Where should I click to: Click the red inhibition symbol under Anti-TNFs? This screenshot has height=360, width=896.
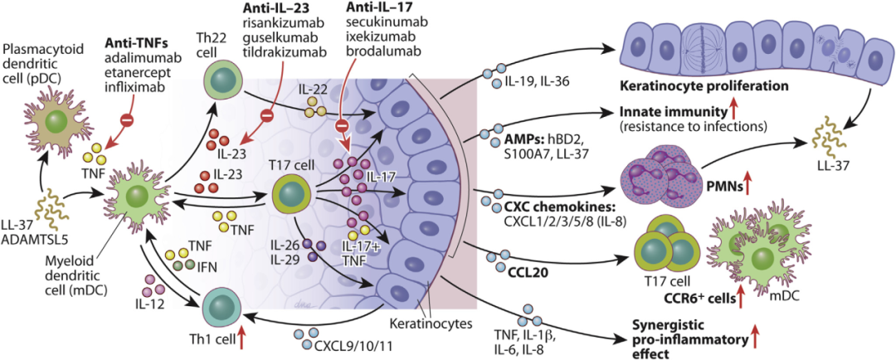coord(128,121)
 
